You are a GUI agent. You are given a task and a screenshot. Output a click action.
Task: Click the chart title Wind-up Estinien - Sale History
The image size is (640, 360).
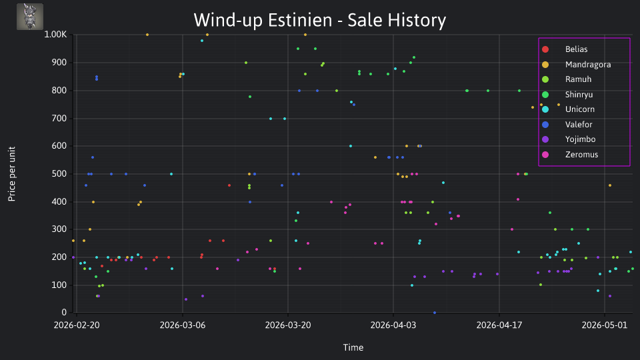[319, 20]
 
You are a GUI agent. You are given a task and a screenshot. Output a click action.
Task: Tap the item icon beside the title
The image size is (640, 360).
[30, 17]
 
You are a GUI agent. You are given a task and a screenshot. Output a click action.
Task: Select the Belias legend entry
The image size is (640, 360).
[576, 49]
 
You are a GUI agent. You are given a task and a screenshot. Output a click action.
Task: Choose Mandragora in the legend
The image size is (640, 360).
[588, 65]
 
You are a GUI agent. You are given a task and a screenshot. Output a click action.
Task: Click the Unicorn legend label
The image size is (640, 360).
[579, 109]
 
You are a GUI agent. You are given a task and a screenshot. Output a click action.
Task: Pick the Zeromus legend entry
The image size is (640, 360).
[581, 155]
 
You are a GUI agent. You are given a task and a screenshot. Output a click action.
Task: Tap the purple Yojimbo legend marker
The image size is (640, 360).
[545, 139]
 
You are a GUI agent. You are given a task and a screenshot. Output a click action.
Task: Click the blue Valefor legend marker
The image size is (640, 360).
[545, 125]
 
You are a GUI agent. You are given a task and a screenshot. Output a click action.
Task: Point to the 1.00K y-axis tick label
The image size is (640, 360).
[55, 35]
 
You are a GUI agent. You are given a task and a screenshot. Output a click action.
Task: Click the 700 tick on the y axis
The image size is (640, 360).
[59, 119]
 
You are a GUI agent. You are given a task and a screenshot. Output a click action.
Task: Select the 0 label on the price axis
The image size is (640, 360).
[64, 312]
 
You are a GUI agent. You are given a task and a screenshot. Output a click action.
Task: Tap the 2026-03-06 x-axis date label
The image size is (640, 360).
[183, 325]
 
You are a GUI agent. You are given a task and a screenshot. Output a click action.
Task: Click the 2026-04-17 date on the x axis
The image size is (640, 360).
[499, 325]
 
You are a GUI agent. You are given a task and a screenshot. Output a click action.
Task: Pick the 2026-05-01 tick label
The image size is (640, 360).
[605, 325]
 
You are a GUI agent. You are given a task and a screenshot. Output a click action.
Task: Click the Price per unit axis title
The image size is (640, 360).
[12, 174]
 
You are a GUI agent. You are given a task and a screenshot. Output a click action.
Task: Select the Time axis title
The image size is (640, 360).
[353, 347]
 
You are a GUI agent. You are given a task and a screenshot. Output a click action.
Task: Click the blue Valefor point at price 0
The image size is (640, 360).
[435, 313]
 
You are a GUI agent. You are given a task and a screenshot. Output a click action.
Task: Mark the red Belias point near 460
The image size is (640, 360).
[229, 185]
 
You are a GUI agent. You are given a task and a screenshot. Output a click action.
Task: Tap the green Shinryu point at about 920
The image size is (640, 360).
[414, 57]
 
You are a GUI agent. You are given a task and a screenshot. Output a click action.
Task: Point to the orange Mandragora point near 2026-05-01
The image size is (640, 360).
[610, 185]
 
